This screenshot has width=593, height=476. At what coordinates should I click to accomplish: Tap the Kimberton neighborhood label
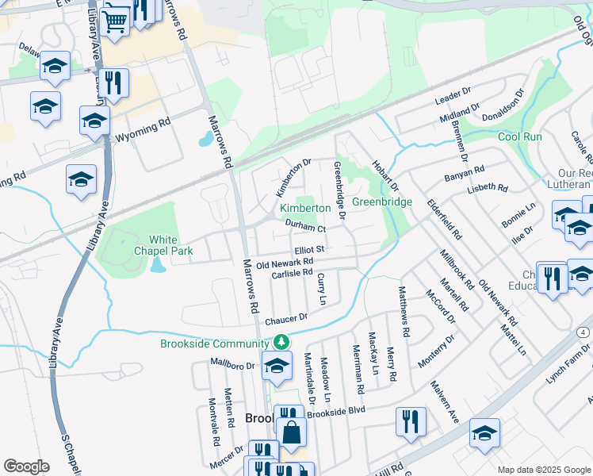pyautogui.click(x=305, y=208)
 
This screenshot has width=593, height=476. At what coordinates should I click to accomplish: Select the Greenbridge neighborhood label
pyautogui.click(x=382, y=202)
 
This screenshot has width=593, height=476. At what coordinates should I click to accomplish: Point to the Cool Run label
pyautogui.click(x=520, y=136)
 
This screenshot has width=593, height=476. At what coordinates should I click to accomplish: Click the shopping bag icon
pyautogui.click(x=291, y=433)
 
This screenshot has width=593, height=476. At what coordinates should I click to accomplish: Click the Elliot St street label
pyautogui.click(x=310, y=248)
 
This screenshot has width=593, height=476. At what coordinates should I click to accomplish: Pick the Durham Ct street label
pyautogui.click(x=305, y=228)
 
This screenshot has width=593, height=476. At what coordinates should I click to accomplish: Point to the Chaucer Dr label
pyautogui.click(x=285, y=320)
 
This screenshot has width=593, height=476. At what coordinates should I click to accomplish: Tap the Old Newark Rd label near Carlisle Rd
pyautogui.click(x=285, y=263)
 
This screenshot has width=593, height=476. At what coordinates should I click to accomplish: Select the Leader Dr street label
pyautogui.click(x=454, y=98)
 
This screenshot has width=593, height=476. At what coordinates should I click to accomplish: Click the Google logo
pyautogui.click(x=26, y=466)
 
